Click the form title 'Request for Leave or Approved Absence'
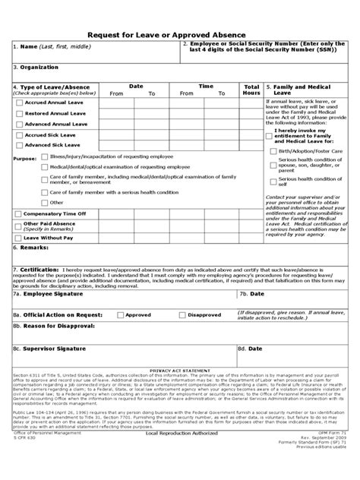(180, 34)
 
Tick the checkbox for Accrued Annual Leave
(18, 102)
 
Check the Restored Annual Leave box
(18, 112)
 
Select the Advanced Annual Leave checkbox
(18, 123)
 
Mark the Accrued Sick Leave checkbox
(18, 134)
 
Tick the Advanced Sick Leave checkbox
(18, 144)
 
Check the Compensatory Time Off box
(18, 214)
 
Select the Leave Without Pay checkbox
(18, 238)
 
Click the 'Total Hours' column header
(251, 90)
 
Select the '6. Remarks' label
(31, 248)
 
